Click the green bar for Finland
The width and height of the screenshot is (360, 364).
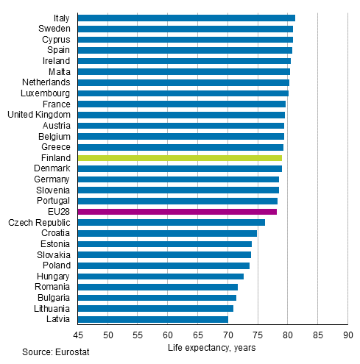(x=180, y=158)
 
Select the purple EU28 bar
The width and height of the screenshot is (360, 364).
(x=177, y=212)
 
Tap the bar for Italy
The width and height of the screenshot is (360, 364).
(x=186, y=18)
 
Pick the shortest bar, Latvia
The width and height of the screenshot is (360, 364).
(x=152, y=319)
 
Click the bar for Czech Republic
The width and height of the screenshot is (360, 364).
(x=171, y=222)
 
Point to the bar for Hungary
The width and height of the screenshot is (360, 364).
(x=160, y=276)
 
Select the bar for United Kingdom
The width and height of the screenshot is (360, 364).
(x=181, y=115)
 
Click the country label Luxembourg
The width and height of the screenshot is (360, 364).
(x=46, y=93)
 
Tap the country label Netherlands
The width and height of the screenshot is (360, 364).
(x=46, y=82)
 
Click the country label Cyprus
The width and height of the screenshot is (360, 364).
(x=56, y=40)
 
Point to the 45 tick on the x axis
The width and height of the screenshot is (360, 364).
(x=77, y=335)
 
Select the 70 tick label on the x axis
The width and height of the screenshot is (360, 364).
(x=227, y=335)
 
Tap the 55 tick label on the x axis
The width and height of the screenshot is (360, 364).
(x=138, y=335)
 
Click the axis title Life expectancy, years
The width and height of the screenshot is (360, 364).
(x=211, y=348)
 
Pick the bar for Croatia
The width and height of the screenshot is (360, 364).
(x=167, y=233)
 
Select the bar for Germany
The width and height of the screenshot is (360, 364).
(x=178, y=179)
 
